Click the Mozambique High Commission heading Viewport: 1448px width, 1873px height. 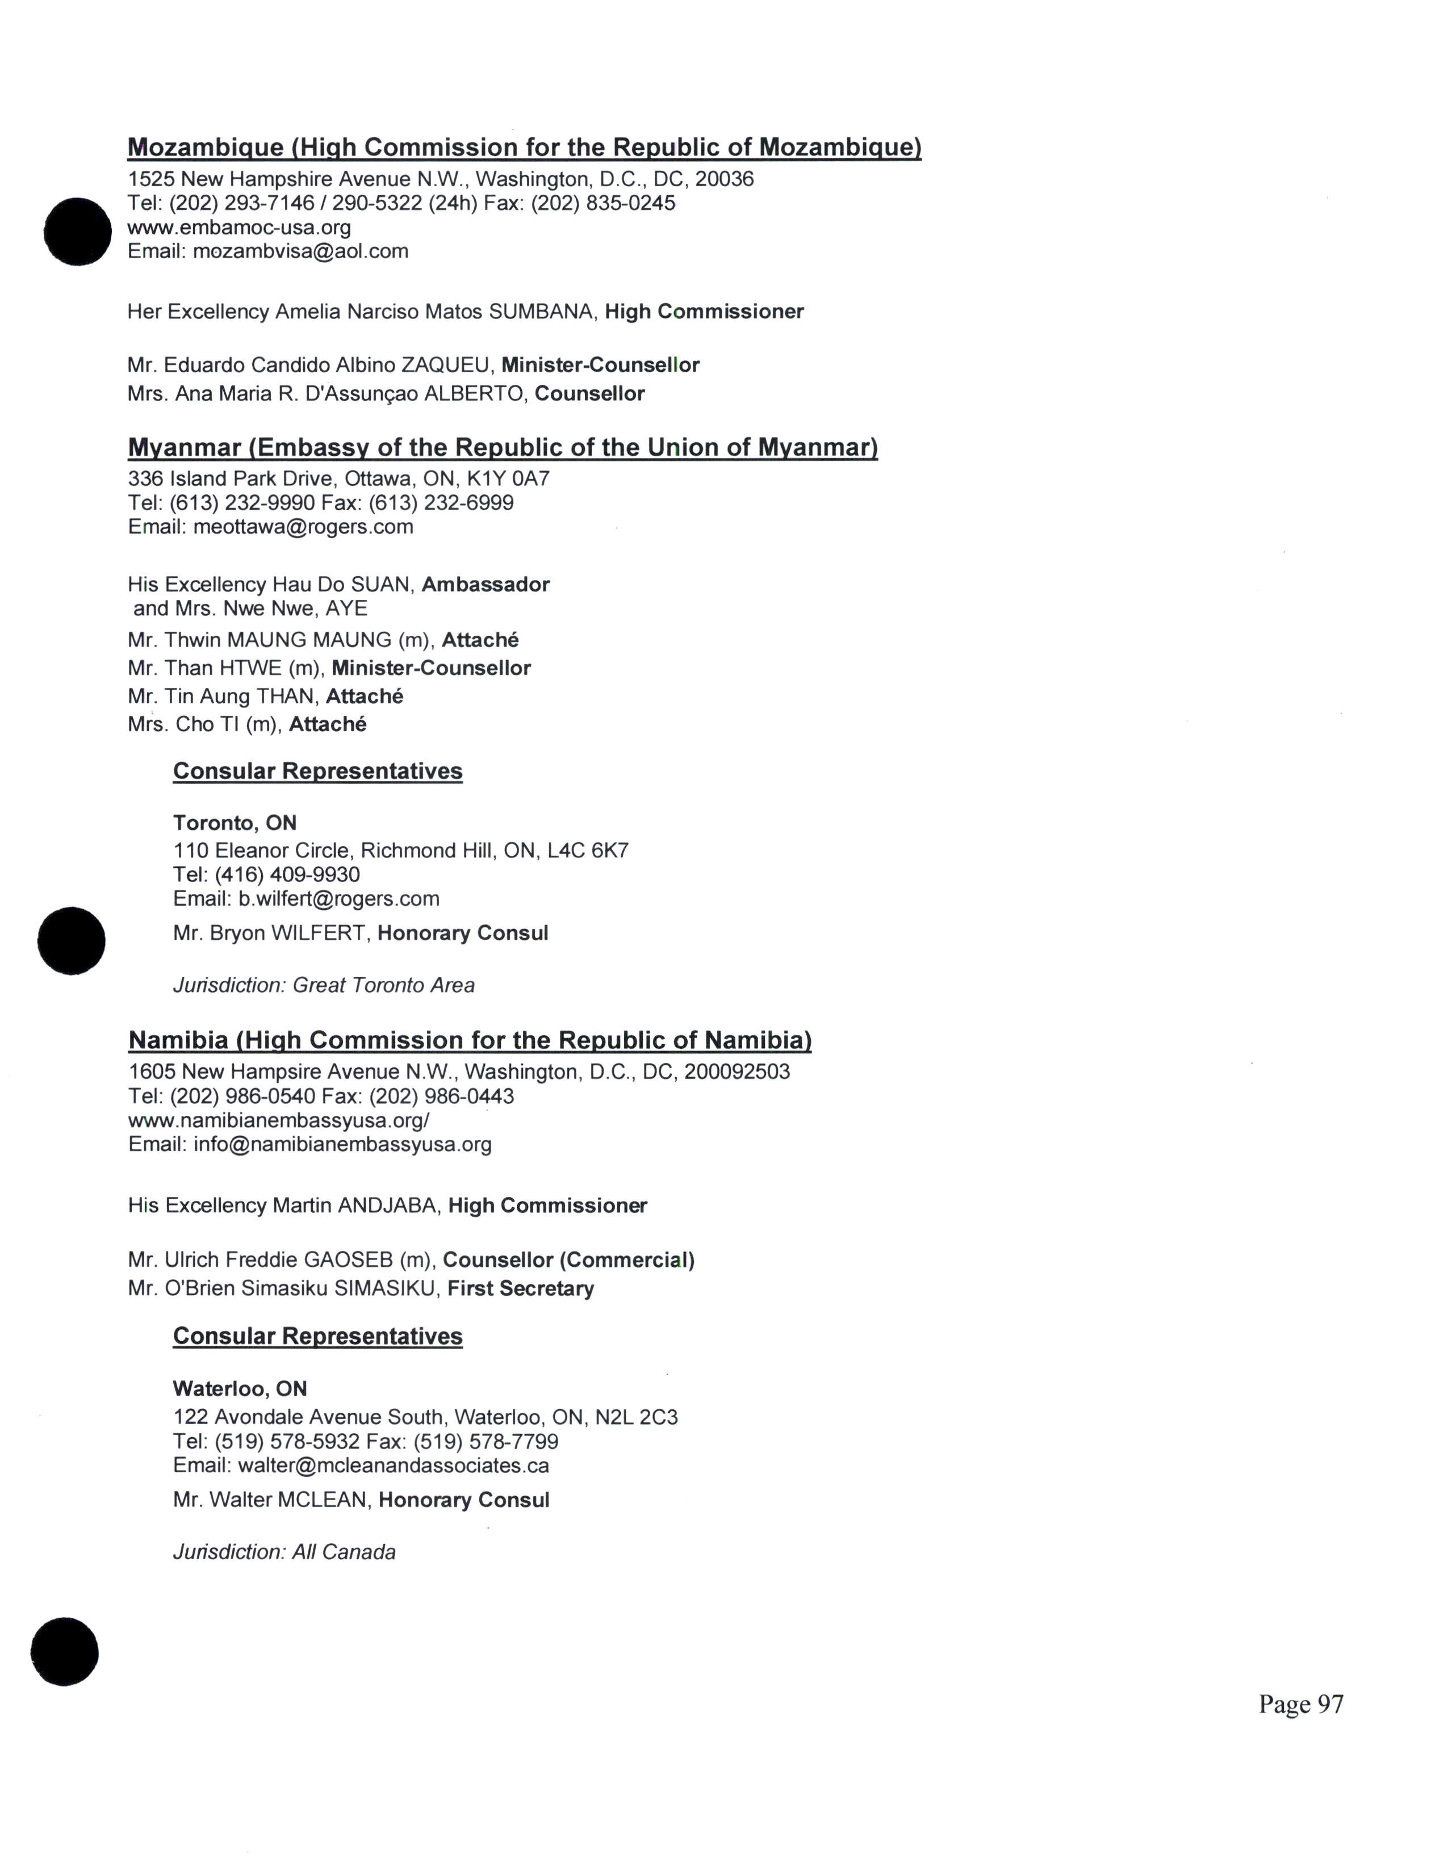pyautogui.click(x=524, y=148)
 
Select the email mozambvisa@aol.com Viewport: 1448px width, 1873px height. pyautogui.click(x=300, y=251)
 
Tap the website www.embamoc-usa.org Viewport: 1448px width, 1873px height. pyautogui.click(x=239, y=227)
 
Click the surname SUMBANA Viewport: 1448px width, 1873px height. pyautogui.click(x=541, y=311)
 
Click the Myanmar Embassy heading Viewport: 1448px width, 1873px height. pyautogui.click(x=503, y=448)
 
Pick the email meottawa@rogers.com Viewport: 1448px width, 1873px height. pyautogui.click(x=303, y=527)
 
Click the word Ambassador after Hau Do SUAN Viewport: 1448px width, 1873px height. pyautogui.click(x=486, y=585)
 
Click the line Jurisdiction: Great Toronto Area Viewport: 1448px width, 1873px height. pyautogui.click(x=324, y=985)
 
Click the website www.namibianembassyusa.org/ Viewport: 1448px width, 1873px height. pyautogui.click(x=279, y=1120)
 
